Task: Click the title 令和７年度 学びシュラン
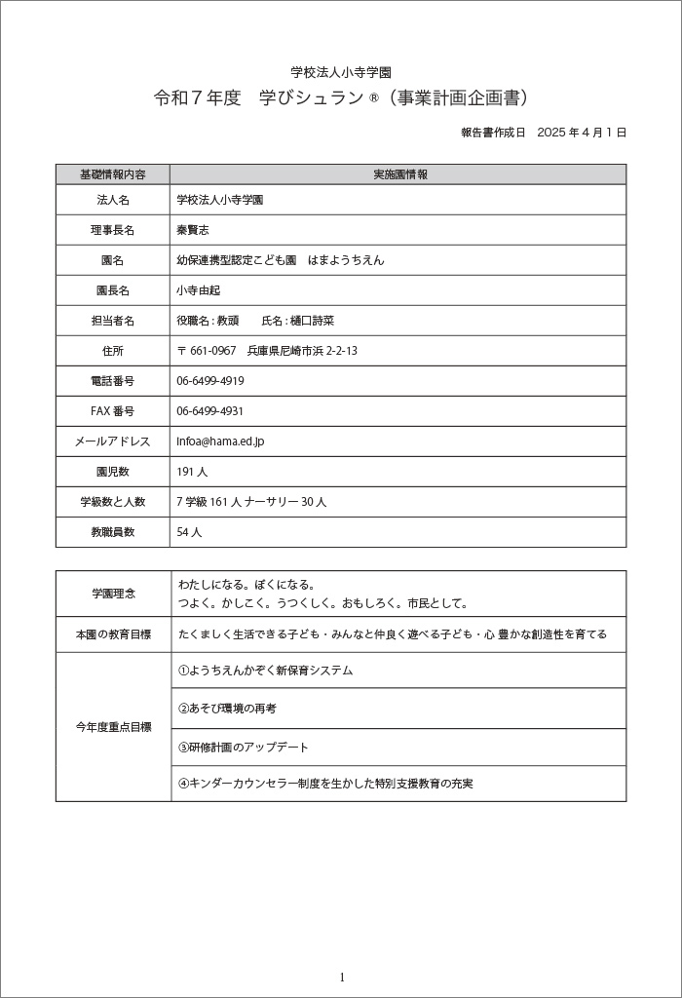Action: (x=341, y=98)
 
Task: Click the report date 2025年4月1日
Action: (x=543, y=132)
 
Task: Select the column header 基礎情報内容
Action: (x=113, y=174)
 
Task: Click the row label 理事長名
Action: (x=113, y=230)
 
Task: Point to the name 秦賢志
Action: (x=193, y=230)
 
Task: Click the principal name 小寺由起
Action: (x=199, y=290)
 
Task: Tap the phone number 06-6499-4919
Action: (x=210, y=381)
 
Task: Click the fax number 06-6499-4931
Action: (x=210, y=411)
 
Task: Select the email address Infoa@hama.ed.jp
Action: (x=220, y=441)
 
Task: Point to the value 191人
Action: (x=192, y=472)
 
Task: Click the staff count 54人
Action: (x=189, y=532)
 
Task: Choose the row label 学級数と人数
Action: (x=113, y=502)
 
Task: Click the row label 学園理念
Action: (x=113, y=594)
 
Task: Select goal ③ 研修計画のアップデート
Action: (x=244, y=748)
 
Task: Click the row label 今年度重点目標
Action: (x=113, y=727)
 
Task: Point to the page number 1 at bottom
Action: (x=342, y=978)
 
